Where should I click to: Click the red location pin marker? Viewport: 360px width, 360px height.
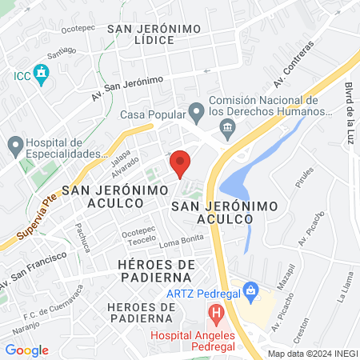180,162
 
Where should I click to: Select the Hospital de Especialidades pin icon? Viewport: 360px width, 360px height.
14,146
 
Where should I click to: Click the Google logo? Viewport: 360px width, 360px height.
27,350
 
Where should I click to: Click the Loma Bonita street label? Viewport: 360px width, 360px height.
178,242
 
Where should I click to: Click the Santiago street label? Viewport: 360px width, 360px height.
62,54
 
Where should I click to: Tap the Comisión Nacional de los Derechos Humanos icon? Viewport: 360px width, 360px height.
228,127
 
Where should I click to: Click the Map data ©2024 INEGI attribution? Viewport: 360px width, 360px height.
312,353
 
